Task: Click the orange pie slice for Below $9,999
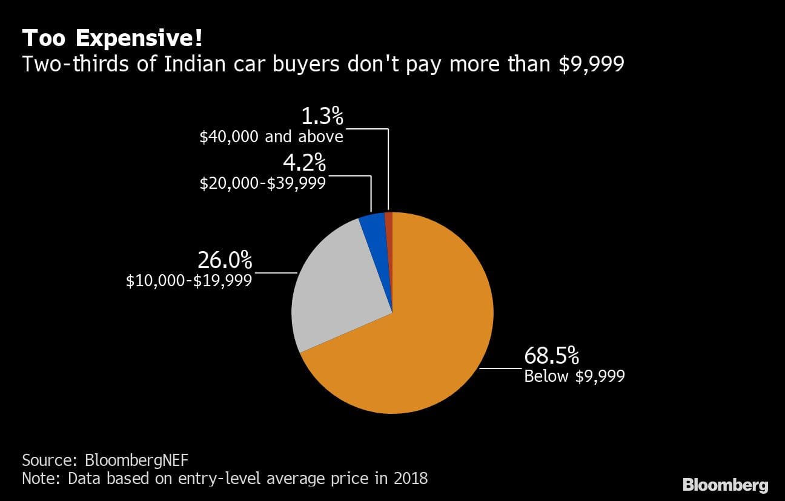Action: (x=424, y=339)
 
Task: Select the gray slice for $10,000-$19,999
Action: (x=339, y=284)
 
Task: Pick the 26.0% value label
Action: (x=224, y=260)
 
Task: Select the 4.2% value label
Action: (x=304, y=162)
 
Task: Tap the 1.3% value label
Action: (x=322, y=116)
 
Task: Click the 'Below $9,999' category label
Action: (x=574, y=376)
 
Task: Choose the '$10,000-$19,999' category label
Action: (x=189, y=280)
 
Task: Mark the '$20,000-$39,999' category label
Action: (x=263, y=182)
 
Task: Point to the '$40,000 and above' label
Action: (x=271, y=136)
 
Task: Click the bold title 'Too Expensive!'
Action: (x=112, y=39)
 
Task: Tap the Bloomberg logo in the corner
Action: (x=725, y=485)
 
